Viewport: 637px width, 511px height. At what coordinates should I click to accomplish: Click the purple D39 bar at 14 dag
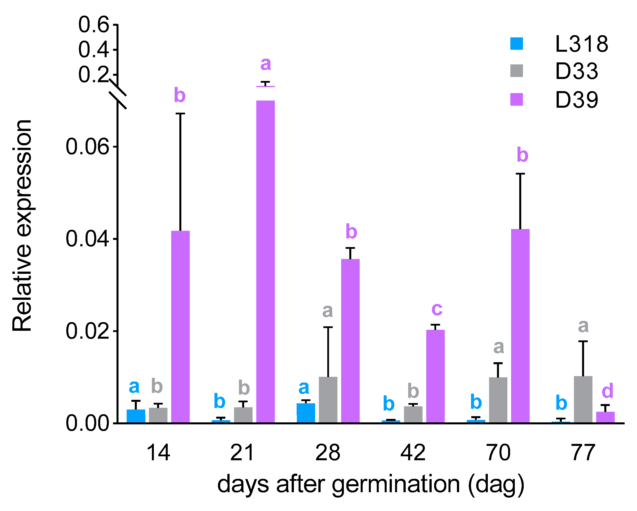pyautogui.click(x=181, y=327)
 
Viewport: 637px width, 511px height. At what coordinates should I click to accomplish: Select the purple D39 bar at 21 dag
pyautogui.click(x=265, y=261)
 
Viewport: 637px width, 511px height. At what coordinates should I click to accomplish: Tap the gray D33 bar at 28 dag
pyautogui.click(x=328, y=400)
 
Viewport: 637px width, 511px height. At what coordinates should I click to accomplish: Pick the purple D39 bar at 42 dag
pyautogui.click(x=435, y=376)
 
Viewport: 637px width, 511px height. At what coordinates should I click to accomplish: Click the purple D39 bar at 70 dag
pyautogui.click(x=520, y=326)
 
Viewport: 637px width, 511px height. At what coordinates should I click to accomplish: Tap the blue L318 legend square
pyautogui.click(x=517, y=44)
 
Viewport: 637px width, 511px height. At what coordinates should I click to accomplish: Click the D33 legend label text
pyautogui.click(x=576, y=71)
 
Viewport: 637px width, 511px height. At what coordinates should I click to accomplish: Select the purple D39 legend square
pyautogui.click(x=517, y=99)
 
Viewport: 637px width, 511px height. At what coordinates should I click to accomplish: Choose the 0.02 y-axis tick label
pyautogui.click(x=87, y=331)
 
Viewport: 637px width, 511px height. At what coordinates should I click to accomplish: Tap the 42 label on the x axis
pyautogui.click(x=413, y=453)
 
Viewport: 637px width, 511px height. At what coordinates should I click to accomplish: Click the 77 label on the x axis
pyautogui.click(x=583, y=453)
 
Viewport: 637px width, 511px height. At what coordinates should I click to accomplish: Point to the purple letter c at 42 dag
pyautogui.click(x=437, y=309)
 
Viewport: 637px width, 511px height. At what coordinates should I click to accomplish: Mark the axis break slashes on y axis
pyautogui.click(x=118, y=94)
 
